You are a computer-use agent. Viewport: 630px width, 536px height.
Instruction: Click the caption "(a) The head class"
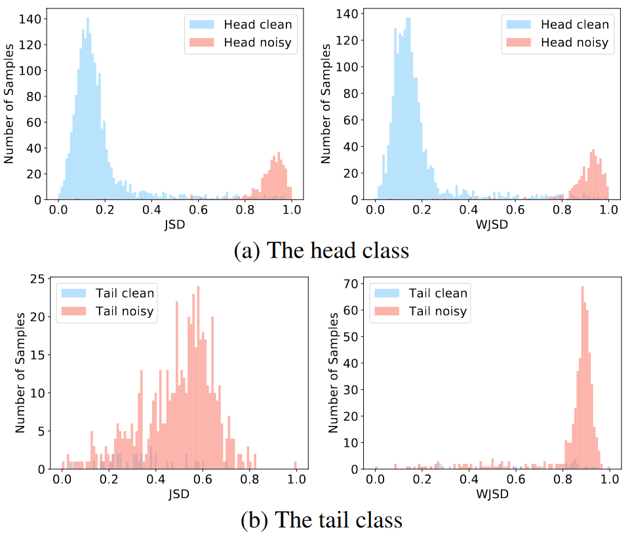coord(321,250)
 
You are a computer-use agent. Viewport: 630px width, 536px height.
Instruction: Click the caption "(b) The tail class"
coord(321,520)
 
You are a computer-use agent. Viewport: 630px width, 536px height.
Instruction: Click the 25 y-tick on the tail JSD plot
coord(38,279)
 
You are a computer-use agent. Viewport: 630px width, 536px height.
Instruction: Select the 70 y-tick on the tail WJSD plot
coord(353,284)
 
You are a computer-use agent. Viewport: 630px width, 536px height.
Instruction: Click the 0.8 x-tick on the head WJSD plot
coord(562,210)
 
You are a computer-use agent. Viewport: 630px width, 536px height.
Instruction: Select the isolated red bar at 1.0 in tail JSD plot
coord(296,465)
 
